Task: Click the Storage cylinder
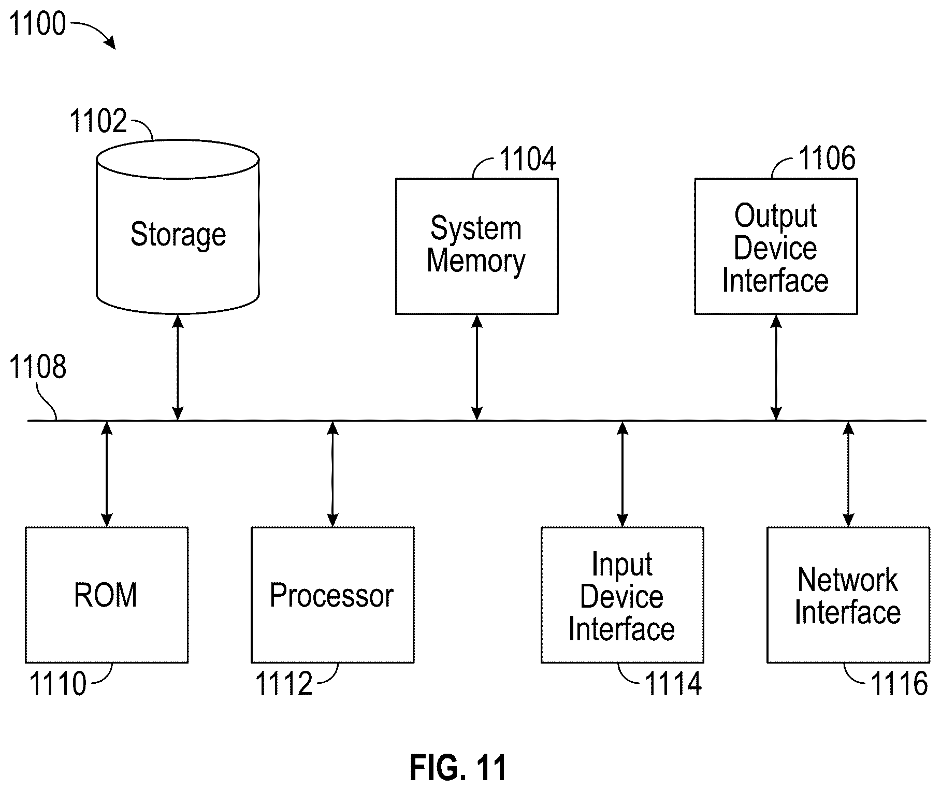click(178, 226)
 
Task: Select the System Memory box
click(476, 246)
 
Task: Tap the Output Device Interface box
click(775, 246)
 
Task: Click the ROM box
click(107, 595)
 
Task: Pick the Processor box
click(332, 595)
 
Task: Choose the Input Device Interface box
click(622, 595)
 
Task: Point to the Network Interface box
click(848, 595)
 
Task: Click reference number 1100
click(38, 24)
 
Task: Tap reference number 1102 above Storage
click(98, 121)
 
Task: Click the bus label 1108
click(38, 367)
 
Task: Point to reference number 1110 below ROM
click(57, 683)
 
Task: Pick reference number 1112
click(284, 683)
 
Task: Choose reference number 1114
click(673, 683)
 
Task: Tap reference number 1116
click(900, 683)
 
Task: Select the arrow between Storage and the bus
click(178, 367)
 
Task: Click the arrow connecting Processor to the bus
click(333, 474)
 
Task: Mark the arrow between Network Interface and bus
click(848, 474)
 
